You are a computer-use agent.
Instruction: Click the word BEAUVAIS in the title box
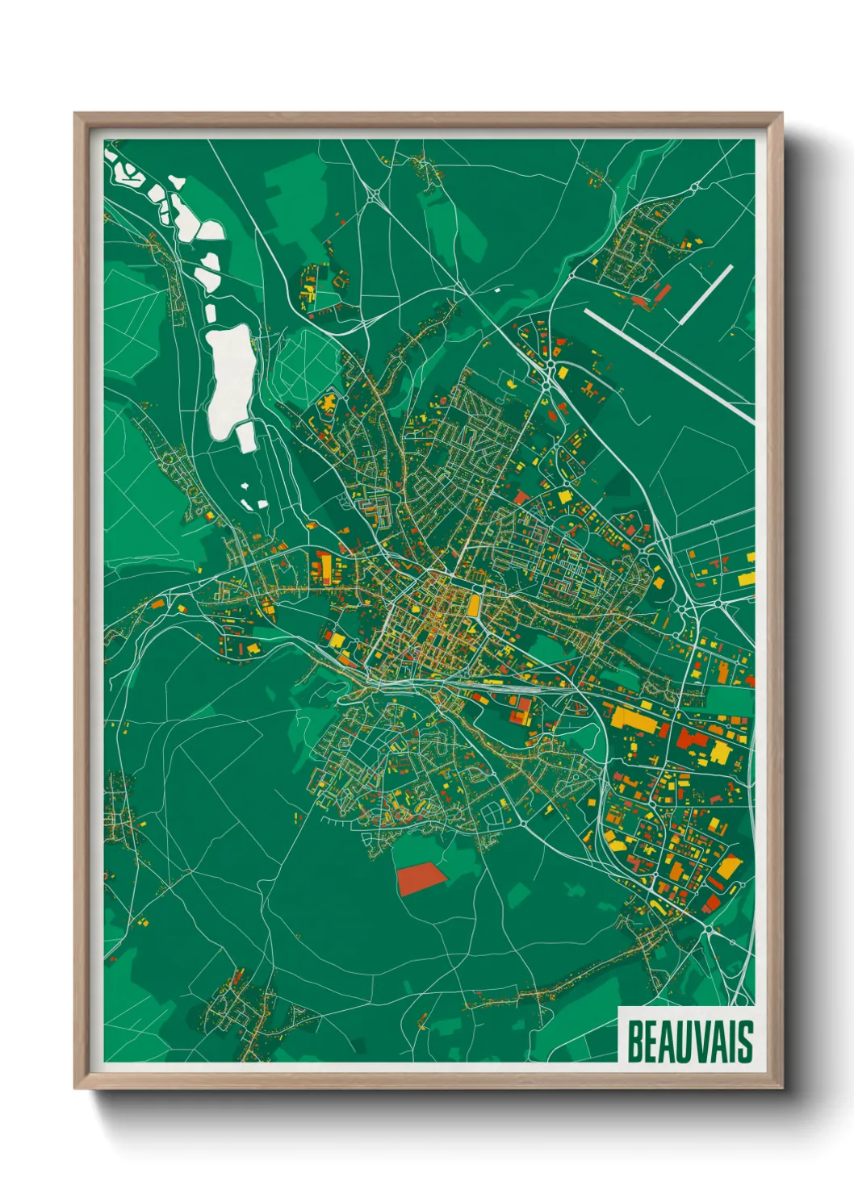(689, 1042)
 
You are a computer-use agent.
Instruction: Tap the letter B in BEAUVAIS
(634, 1042)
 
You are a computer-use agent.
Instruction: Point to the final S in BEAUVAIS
(746, 1042)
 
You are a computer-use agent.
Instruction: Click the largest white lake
(230, 375)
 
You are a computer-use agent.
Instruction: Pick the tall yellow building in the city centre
(473, 604)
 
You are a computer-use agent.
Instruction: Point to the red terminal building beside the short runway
(642, 302)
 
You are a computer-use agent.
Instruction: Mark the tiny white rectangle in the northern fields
(497, 289)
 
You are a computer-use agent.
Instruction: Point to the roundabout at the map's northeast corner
(693, 189)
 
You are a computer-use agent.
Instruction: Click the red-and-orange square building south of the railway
(518, 710)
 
